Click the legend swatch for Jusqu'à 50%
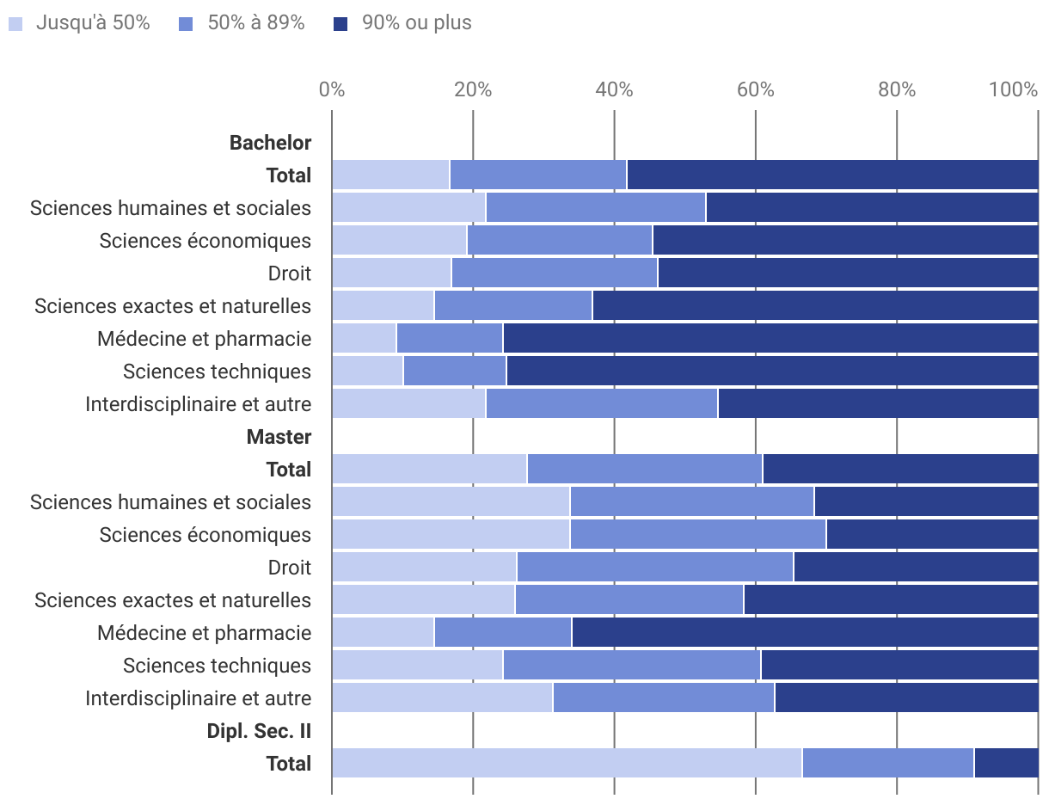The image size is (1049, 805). tap(15, 24)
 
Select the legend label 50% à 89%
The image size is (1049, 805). tap(256, 23)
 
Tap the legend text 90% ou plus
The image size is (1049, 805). tap(416, 23)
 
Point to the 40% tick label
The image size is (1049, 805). tap(614, 89)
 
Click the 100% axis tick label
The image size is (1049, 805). tap(1014, 89)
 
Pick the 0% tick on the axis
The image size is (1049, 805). tap(332, 89)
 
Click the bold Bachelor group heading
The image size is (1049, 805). tap(270, 143)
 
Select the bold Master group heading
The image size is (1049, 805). tap(279, 437)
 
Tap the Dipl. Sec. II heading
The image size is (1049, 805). tap(259, 731)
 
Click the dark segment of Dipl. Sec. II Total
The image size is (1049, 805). tap(1006, 763)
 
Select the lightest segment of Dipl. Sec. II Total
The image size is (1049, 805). tap(567, 763)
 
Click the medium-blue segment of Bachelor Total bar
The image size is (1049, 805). tap(538, 175)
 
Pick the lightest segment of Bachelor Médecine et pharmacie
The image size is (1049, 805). tap(364, 338)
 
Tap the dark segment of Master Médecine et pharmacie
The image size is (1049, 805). tap(805, 632)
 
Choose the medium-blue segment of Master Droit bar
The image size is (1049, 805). tap(655, 567)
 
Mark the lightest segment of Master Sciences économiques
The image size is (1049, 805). tap(451, 534)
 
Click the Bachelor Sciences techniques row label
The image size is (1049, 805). tap(217, 372)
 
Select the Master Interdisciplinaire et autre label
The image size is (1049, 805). tap(198, 698)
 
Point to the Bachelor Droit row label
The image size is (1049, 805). tap(290, 273)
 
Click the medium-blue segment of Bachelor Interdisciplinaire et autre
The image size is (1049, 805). tap(602, 403)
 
